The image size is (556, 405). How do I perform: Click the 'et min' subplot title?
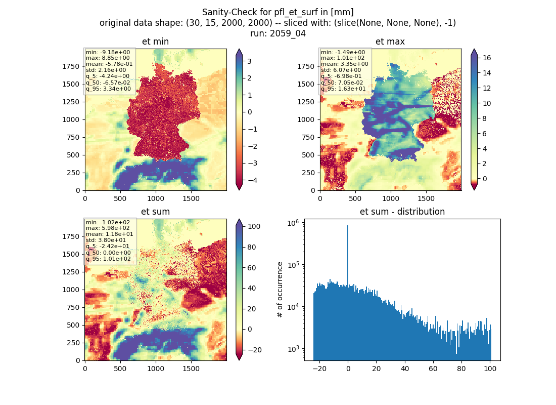pyautogui.click(x=155, y=42)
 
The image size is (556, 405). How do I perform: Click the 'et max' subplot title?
pyautogui.click(x=390, y=42)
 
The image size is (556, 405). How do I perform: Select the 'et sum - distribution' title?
pyautogui.click(x=402, y=212)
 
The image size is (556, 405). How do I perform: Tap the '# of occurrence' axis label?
pyautogui.click(x=280, y=290)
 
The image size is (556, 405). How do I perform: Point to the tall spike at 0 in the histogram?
pyautogui.click(x=348, y=256)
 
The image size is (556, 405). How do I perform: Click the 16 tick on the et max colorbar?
pyautogui.click(x=486, y=58)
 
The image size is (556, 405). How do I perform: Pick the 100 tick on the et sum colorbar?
pyautogui.click(x=254, y=227)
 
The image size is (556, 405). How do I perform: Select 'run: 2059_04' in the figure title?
pyautogui.click(x=277, y=33)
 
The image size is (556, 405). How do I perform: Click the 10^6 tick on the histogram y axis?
pyautogui.click(x=293, y=223)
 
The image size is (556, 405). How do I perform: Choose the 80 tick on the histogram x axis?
pyautogui.click(x=461, y=369)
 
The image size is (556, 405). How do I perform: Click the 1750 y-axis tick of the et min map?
pyautogui.click(x=71, y=66)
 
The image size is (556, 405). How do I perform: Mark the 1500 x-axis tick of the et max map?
pyautogui.click(x=426, y=198)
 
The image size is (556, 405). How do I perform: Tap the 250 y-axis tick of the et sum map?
pyautogui.click(x=73, y=343)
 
